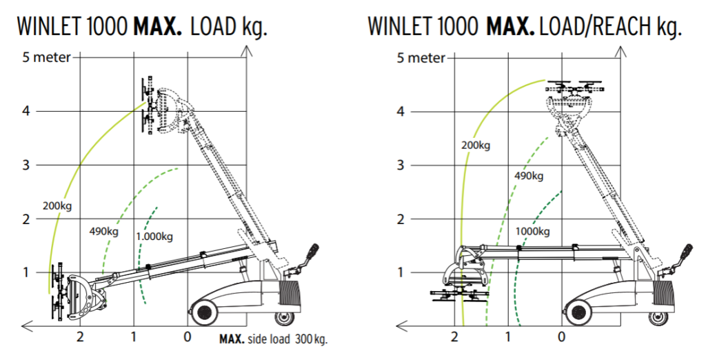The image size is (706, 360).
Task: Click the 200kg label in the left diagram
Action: (x=57, y=206)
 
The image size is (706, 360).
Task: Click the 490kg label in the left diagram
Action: (x=104, y=232)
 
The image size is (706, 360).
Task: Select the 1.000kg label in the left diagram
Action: (x=154, y=237)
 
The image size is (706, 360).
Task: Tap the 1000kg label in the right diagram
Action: (x=533, y=232)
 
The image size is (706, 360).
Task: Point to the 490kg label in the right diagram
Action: (x=529, y=176)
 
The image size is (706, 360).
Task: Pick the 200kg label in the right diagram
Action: (x=476, y=146)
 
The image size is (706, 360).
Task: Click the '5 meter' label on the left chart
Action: (x=47, y=58)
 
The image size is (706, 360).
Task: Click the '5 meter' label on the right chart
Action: (x=421, y=58)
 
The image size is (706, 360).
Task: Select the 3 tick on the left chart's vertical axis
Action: (x=26, y=165)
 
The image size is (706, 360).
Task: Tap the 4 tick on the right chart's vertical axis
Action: (x=401, y=111)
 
